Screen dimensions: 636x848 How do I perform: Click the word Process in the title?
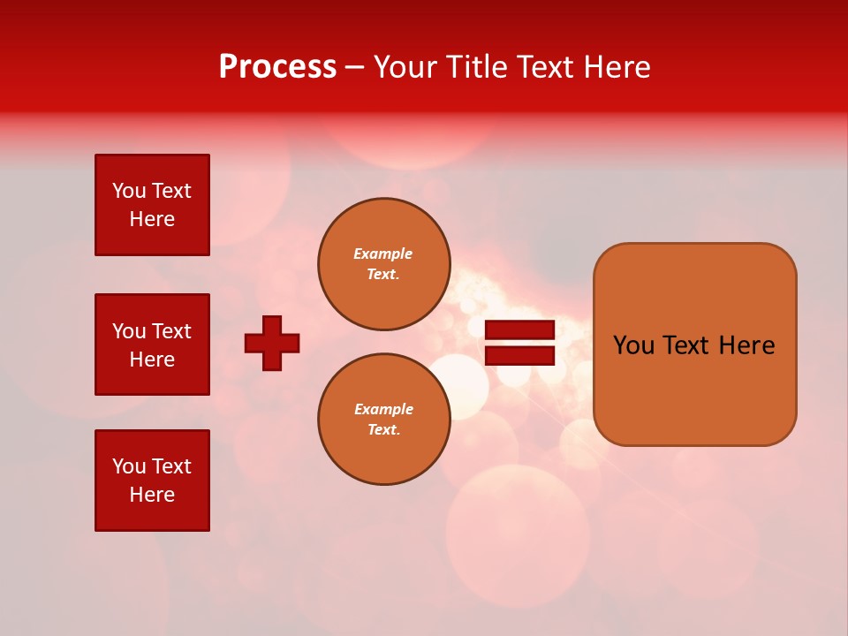(277, 67)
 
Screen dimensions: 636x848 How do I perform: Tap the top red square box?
(152, 205)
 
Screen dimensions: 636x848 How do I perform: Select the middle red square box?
(152, 344)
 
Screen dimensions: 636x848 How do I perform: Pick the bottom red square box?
(152, 481)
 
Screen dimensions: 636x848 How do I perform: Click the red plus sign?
(272, 343)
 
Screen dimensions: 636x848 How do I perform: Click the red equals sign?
(519, 343)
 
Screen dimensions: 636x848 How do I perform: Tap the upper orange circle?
(384, 264)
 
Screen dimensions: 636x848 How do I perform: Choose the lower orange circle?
(384, 420)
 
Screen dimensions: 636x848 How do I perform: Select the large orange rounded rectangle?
(694, 344)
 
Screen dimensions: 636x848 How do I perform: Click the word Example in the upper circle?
(382, 254)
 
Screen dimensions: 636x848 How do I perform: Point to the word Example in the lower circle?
(383, 409)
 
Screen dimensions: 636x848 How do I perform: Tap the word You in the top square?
(129, 191)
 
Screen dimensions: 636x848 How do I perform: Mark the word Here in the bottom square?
(152, 495)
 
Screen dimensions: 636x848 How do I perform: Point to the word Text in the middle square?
(170, 331)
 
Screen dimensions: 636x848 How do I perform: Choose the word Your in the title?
(405, 67)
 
